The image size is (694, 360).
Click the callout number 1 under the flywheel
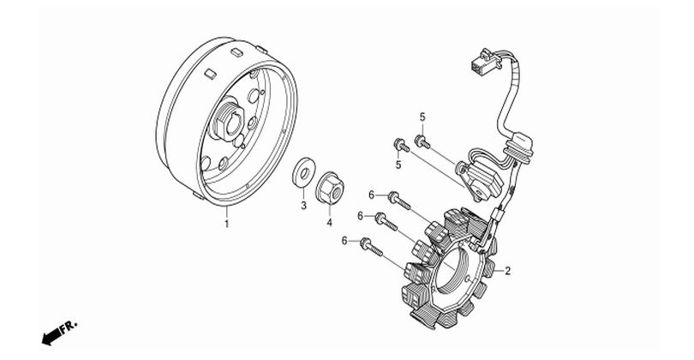pos(226,224)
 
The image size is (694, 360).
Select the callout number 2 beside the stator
pos(508,271)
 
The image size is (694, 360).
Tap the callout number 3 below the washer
pos(303,206)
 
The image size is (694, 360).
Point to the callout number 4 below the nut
pos(329,223)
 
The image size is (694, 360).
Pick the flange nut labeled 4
pos(330,188)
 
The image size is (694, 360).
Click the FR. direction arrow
pos(51,337)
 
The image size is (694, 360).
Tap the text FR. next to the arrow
pos(69,327)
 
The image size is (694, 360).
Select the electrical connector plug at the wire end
pos(485,62)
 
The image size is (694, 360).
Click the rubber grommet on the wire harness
pos(522,147)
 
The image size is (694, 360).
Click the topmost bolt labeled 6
pos(399,201)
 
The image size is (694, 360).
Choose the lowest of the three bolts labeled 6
pos(371,247)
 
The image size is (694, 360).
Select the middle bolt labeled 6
pos(386,221)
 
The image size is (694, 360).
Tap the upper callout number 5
pos(422,117)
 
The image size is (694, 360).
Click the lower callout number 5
pos(398,165)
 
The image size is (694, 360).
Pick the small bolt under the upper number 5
pos(422,142)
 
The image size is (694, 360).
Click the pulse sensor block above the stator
pos(481,177)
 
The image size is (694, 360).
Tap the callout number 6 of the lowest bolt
pos(344,241)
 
